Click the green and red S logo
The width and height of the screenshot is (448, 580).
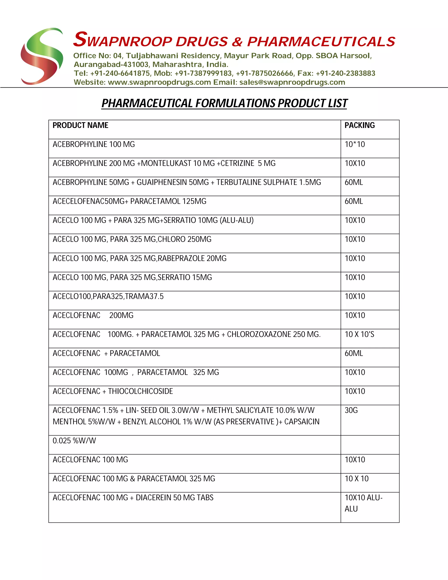click(42, 56)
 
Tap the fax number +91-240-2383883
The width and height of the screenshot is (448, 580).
click(346, 73)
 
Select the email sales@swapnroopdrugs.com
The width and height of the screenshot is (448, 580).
click(292, 82)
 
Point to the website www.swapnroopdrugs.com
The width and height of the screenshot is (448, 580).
click(159, 82)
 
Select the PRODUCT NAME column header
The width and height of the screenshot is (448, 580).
click(80, 125)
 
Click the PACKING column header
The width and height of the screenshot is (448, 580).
click(360, 125)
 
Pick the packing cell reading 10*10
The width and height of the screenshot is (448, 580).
click(355, 144)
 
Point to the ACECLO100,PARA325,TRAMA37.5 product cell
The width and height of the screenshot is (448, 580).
click(108, 296)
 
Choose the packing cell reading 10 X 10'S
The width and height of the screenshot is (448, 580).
click(359, 334)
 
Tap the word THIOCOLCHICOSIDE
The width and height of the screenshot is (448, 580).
click(140, 391)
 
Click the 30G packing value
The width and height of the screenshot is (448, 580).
click(351, 410)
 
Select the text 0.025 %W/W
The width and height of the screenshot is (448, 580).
click(74, 441)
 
